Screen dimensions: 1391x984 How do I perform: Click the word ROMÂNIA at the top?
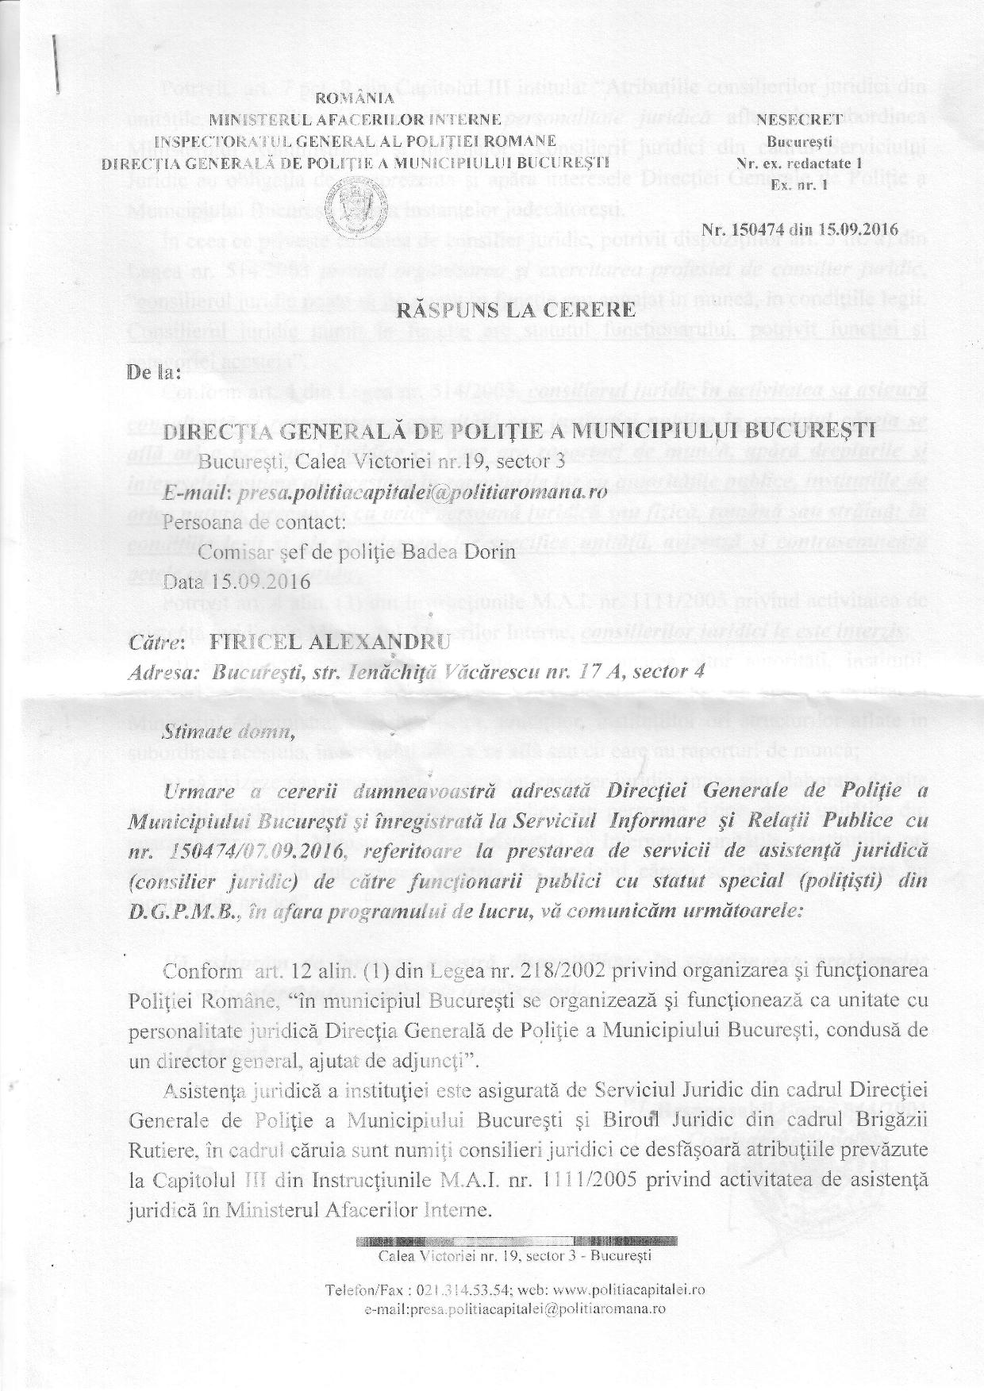(354, 99)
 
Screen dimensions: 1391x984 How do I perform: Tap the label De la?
(153, 371)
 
